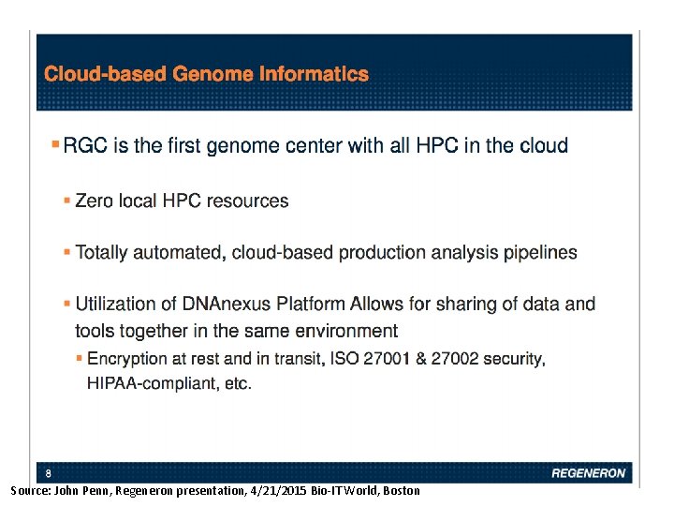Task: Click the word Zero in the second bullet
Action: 95,201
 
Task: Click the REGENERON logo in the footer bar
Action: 588,473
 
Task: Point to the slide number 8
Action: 49,472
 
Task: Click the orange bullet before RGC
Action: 54,145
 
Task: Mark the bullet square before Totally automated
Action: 66,252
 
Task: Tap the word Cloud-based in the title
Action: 107,74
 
